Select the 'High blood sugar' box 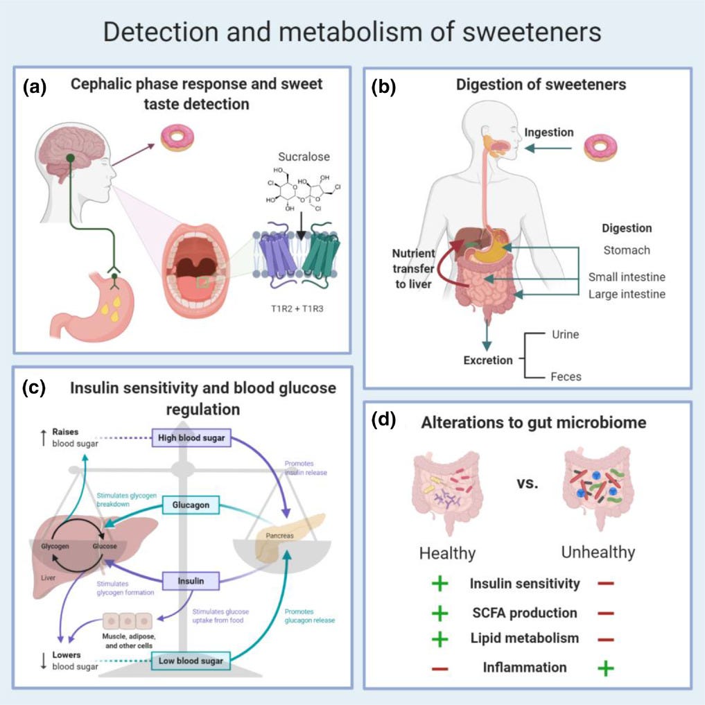[191, 438]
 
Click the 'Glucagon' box [191, 506]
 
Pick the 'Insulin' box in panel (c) [191, 580]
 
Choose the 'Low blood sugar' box [190, 661]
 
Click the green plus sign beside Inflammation [606, 668]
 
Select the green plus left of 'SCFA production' [439, 613]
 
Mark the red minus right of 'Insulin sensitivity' [605, 584]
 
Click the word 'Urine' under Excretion [565, 334]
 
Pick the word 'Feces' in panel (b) [566, 377]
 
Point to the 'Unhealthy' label [598, 553]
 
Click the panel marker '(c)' [34, 388]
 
